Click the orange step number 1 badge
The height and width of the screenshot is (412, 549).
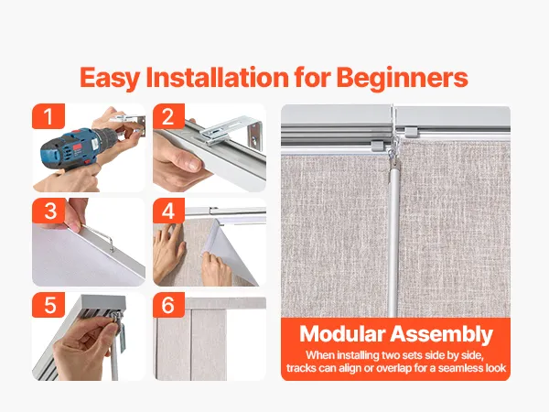click(48, 116)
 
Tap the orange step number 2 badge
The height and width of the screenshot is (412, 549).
click(168, 116)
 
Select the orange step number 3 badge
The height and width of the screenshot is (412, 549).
click(49, 211)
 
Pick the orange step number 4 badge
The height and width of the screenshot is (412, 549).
click(168, 211)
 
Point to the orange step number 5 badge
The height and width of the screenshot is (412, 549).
click(48, 305)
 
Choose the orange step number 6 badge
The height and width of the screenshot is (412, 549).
click(168, 305)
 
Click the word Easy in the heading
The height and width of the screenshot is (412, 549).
click(110, 78)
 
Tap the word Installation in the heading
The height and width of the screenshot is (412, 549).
click(217, 77)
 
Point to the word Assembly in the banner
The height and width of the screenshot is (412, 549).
click(442, 334)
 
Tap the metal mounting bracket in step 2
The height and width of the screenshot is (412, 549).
click(232, 131)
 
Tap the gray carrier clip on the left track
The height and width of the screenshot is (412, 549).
click(377, 146)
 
